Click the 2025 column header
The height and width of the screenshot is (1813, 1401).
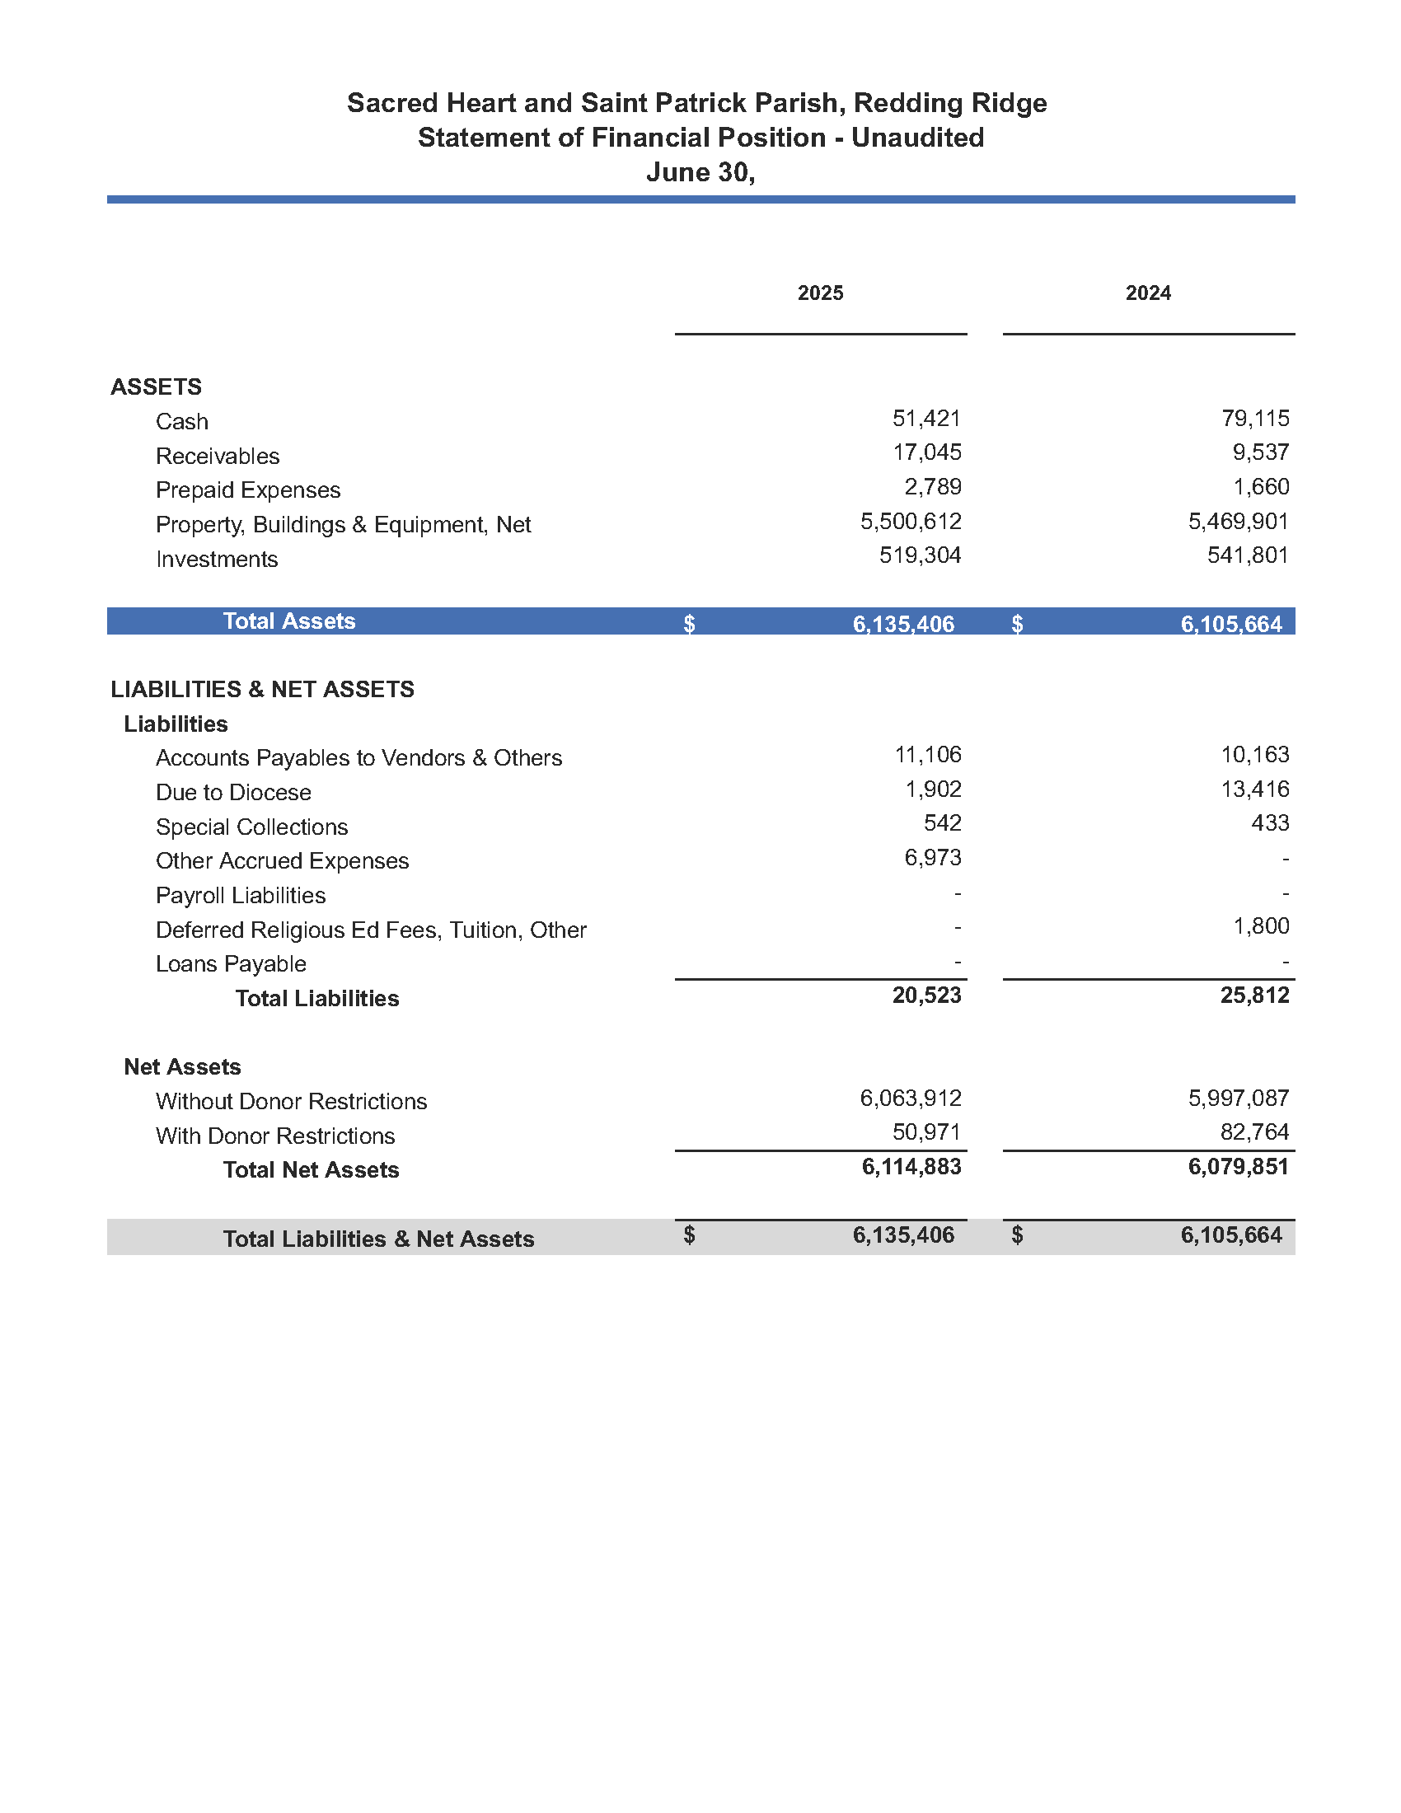pos(820,293)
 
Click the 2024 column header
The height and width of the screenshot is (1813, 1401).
pos(1148,293)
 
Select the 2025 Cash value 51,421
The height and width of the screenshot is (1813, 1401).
pos(926,419)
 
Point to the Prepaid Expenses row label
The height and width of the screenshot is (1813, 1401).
pos(248,490)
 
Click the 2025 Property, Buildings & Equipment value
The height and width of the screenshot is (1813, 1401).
pos(911,522)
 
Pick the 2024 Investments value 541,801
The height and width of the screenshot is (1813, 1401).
pos(1248,555)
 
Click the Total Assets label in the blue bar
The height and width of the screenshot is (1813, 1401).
pos(288,621)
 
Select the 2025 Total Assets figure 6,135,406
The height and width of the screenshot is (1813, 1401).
pos(903,625)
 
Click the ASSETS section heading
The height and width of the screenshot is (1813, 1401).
pos(156,386)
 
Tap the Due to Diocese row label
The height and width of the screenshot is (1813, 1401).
pos(233,793)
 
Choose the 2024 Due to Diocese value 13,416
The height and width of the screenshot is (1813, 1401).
pos(1254,789)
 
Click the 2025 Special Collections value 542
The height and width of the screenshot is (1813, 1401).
pos(942,823)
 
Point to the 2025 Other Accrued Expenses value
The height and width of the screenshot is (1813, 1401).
pos(932,858)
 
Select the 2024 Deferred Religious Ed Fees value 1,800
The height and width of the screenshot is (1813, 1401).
pos(1261,926)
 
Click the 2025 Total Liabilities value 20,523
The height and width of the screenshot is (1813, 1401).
pos(926,996)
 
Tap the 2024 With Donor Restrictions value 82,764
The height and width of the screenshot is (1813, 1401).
pos(1254,1132)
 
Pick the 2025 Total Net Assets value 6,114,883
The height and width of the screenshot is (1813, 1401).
pos(911,1167)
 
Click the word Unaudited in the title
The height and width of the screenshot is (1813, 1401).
pos(917,138)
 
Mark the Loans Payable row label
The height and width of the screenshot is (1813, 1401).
pos(231,964)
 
